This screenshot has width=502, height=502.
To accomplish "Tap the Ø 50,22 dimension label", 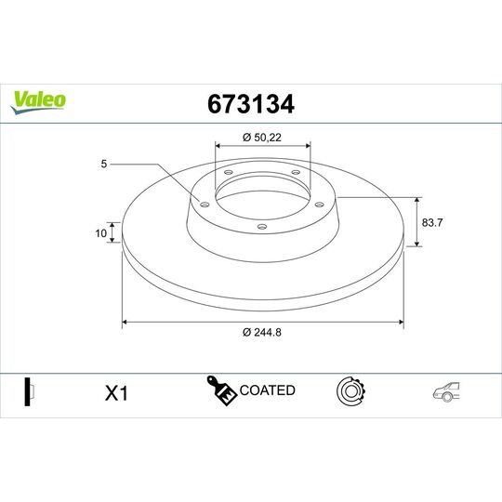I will tap(263, 137).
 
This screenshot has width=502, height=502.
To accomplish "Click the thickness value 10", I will tap(100, 233).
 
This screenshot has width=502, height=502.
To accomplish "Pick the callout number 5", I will tap(106, 165).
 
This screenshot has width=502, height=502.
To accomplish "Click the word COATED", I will tap(268, 390).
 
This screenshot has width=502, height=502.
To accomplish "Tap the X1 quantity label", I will tap(115, 393).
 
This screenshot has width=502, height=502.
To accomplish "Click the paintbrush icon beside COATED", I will tap(221, 391).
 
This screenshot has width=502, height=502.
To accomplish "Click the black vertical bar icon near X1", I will tap(29, 391).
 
